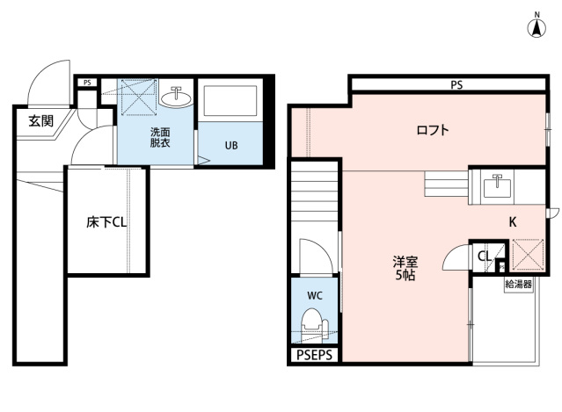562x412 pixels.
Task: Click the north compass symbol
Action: pyautogui.click(x=535, y=26)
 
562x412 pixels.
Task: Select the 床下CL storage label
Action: pyautogui.click(x=106, y=222)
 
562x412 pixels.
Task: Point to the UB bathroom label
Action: pyautogui.click(x=230, y=145)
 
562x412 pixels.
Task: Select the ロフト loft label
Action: pyautogui.click(x=433, y=131)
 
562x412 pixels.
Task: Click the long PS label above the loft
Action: pyautogui.click(x=456, y=85)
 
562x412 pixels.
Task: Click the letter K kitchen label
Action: pyautogui.click(x=513, y=222)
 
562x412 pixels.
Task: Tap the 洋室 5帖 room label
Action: pyautogui.click(x=405, y=267)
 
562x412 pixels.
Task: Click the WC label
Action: pyautogui.click(x=314, y=296)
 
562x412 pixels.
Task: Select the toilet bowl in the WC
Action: pyautogui.click(x=314, y=332)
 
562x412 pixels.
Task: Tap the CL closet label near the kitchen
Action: pyautogui.click(x=484, y=256)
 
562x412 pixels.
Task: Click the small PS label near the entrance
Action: pyautogui.click(x=86, y=83)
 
